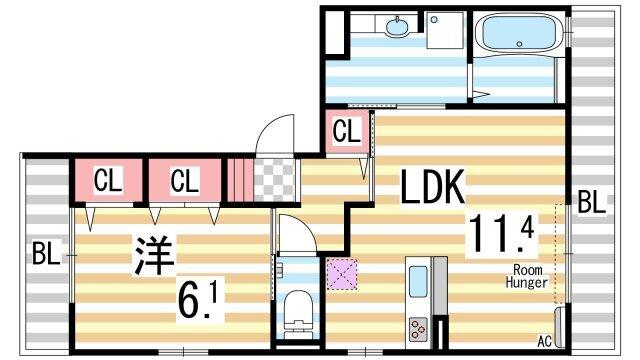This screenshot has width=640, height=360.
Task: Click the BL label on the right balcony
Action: [x=591, y=202]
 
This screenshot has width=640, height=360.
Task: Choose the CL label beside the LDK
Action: [x=346, y=130]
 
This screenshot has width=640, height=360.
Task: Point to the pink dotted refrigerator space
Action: [x=342, y=273]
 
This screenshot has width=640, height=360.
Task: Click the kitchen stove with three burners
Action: [x=417, y=326]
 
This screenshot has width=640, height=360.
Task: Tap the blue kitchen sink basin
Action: [x=418, y=280]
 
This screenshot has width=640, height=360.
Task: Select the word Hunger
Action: [x=528, y=283]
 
